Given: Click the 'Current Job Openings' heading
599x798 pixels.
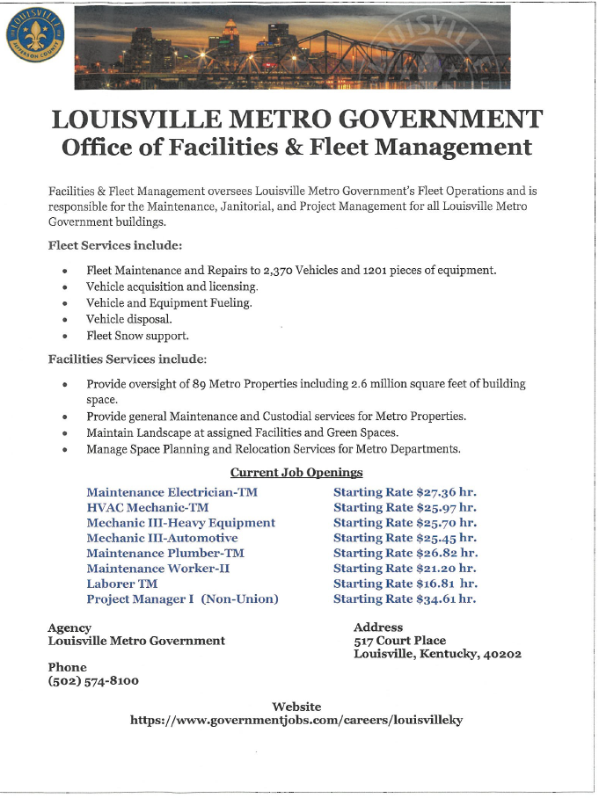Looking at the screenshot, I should (x=296, y=473).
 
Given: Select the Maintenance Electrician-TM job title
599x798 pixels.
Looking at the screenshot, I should (x=172, y=492).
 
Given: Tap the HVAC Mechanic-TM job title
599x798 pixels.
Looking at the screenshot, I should (x=147, y=507).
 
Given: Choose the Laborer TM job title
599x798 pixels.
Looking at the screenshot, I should (x=121, y=584).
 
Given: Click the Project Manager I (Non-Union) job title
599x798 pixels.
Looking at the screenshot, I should (x=182, y=598).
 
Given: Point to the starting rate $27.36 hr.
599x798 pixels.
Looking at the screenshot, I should (x=405, y=492).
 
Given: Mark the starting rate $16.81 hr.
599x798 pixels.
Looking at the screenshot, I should (x=405, y=584).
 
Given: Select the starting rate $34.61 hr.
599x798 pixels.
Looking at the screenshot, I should (x=405, y=598).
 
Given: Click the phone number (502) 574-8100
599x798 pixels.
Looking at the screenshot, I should (x=92, y=681).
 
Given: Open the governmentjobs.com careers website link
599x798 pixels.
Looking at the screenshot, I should (x=296, y=720).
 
